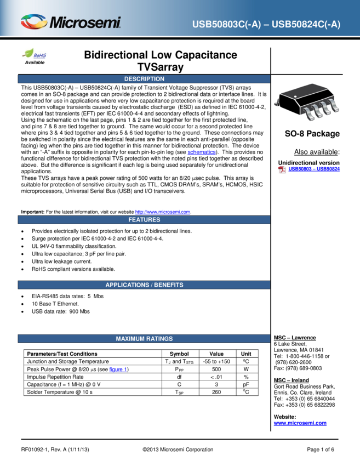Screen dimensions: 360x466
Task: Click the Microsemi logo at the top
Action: click(71, 22)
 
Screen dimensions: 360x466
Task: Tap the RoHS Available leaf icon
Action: click(35, 56)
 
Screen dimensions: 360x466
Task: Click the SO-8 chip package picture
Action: click(307, 101)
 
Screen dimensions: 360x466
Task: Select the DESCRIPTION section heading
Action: click(144, 79)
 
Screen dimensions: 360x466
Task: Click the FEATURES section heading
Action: click(144, 220)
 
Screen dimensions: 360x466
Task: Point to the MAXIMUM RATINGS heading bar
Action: click(144, 338)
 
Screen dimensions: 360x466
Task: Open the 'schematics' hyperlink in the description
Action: click(202, 152)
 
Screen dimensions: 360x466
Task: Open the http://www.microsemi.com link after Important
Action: click(163, 212)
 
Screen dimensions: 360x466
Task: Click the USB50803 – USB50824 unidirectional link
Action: click(314, 169)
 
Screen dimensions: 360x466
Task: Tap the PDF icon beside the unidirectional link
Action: click(282, 169)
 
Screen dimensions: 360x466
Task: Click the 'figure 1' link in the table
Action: click(118, 370)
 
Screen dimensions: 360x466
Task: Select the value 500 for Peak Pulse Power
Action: click(216, 369)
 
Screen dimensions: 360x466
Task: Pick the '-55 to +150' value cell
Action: click(216, 361)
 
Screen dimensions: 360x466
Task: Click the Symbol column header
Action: click(179, 354)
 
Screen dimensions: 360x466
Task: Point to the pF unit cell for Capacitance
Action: click(246, 384)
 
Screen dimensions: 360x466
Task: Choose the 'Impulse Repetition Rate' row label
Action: click(55, 377)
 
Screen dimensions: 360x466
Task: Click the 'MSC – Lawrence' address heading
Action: click(295, 338)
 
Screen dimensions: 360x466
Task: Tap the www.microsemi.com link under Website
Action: click(300, 423)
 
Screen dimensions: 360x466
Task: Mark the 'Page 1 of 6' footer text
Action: click(321, 450)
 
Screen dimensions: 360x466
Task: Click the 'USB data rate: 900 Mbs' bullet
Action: click(61, 311)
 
